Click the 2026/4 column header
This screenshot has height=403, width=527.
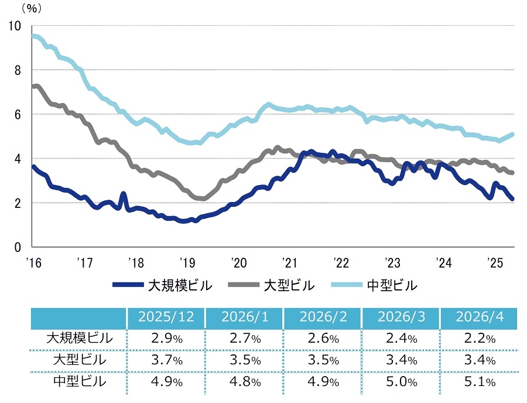pyautogui.click(x=479, y=317)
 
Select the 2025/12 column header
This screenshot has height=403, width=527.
pyautogui.click(x=166, y=317)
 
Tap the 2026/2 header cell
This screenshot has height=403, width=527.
pyautogui.click(x=323, y=317)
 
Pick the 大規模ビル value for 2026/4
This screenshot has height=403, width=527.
pyautogui.click(x=480, y=339)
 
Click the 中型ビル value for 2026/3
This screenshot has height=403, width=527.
pyautogui.click(x=401, y=382)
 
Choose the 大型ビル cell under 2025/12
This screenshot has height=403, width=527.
pyautogui.click(x=167, y=360)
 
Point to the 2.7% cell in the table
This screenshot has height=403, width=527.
pyautogui.click(x=245, y=339)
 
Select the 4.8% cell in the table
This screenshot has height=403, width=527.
pyautogui.click(x=245, y=382)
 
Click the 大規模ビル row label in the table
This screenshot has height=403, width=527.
pyautogui.click(x=79, y=338)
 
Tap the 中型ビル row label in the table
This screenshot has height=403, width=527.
pyautogui.click(x=79, y=382)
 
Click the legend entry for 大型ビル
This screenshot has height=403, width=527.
pyautogui.click(x=271, y=285)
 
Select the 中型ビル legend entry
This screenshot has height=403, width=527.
pyautogui.click(x=374, y=285)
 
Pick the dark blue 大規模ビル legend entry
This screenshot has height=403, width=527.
pyautogui.click(x=162, y=285)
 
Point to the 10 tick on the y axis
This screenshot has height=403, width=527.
pyautogui.click(x=15, y=26)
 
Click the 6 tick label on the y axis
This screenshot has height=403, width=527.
pyautogui.click(x=18, y=115)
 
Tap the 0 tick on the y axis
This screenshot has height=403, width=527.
pyautogui.click(x=18, y=247)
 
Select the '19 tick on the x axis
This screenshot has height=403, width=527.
pyautogui.click(x=187, y=262)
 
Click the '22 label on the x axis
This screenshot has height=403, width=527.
pyautogui.click(x=341, y=262)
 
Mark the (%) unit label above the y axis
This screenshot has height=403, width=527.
pyautogui.click(x=32, y=8)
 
